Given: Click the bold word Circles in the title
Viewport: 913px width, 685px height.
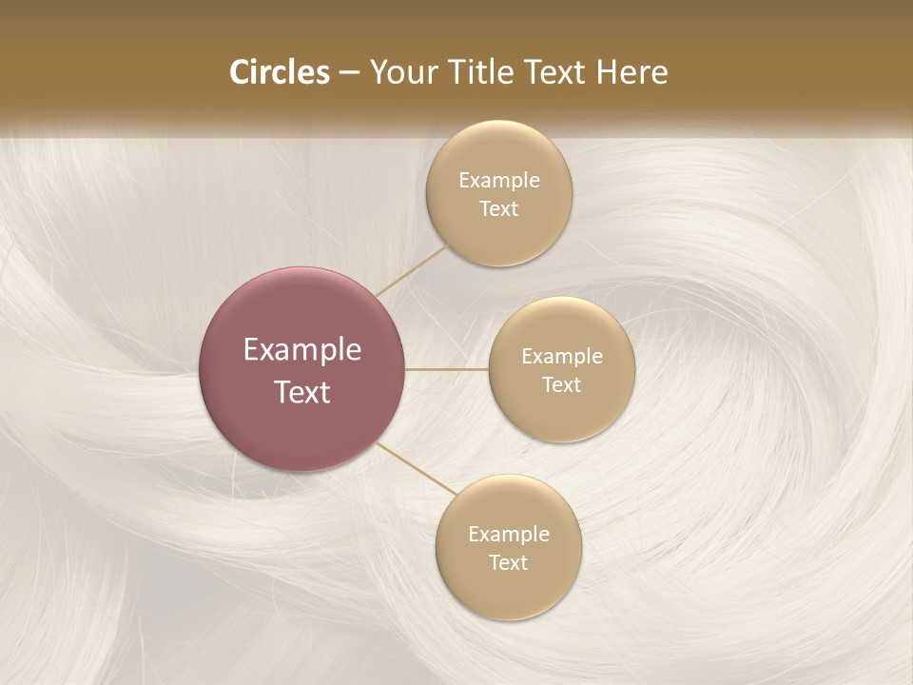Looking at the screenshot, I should point(280,72).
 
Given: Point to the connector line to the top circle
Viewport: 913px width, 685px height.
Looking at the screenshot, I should point(412,270).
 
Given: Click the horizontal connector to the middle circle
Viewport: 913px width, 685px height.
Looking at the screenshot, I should point(447,369).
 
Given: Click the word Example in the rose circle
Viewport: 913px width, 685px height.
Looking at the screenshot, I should point(302,350).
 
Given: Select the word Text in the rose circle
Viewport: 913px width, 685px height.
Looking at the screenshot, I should point(302,392).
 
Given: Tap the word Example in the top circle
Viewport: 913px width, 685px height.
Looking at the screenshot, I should point(499,181).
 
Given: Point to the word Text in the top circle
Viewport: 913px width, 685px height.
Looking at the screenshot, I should point(499,208).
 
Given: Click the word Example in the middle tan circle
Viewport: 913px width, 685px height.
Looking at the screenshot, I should point(562,357).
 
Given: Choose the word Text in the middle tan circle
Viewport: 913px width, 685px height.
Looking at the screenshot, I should point(562,384).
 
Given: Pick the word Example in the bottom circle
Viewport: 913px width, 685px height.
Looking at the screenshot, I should point(509,535).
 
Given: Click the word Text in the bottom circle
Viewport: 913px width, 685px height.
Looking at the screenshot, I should point(509,562).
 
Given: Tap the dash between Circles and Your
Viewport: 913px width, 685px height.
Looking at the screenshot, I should point(349,72).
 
